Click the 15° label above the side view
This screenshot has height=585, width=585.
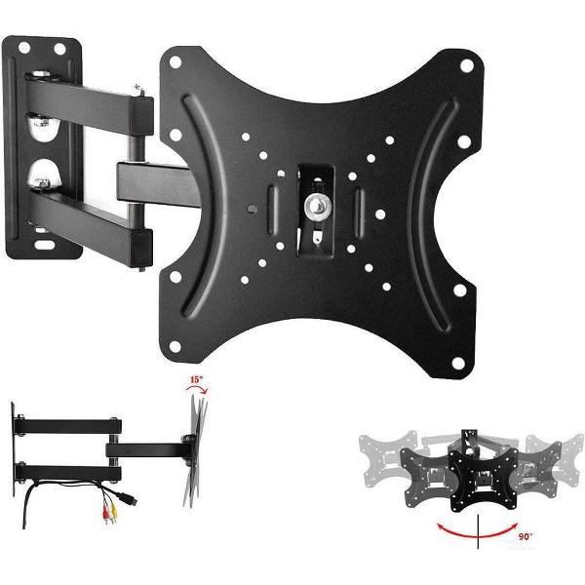point(197,380)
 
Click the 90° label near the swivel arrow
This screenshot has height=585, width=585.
point(526,536)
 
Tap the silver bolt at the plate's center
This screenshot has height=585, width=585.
point(318,205)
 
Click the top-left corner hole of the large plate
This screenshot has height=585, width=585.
point(175,62)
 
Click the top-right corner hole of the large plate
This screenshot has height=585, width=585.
point(466,65)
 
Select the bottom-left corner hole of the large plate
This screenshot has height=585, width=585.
point(175,346)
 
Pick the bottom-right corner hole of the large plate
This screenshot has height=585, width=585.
point(458,363)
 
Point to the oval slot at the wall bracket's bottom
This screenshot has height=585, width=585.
point(45,245)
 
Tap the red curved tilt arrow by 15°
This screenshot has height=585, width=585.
point(198,388)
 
